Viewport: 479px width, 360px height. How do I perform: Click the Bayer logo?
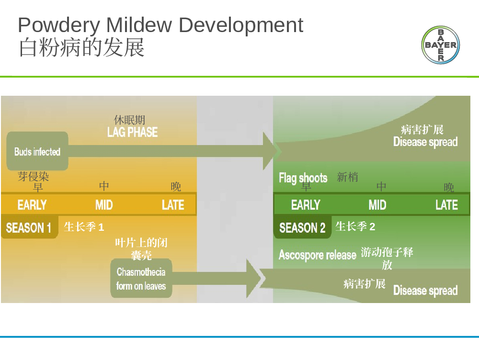pyautogui.click(x=441, y=45)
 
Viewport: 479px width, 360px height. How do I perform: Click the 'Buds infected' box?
pyautogui.click(x=37, y=151)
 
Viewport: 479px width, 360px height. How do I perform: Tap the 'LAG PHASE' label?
pyautogui.click(x=132, y=132)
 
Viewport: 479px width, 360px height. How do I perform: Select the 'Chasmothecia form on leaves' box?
pyautogui.click(x=141, y=278)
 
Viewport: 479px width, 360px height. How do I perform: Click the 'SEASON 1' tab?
pyautogui.click(x=29, y=227)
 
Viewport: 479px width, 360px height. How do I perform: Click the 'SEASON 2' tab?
pyautogui.click(x=302, y=227)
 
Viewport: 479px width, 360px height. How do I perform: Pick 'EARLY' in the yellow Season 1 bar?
pyautogui.click(x=32, y=204)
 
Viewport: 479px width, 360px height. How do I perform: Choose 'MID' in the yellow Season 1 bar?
pyautogui.click(x=104, y=204)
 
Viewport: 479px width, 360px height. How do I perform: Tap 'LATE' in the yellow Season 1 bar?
pyautogui.click(x=173, y=204)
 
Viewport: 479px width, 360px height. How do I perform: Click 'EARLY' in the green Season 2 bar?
pyautogui.click(x=306, y=204)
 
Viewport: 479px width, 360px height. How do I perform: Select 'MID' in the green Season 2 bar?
pyautogui.click(x=377, y=204)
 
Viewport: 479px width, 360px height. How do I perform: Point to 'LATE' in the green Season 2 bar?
pyautogui.click(x=446, y=204)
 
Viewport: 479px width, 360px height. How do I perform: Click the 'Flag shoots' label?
pyautogui.click(x=303, y=178)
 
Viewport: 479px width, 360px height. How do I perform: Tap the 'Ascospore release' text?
pyautogui.click(x=318, y=255)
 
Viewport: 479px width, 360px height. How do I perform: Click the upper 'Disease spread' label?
pyautogui.click(x=425, y=142)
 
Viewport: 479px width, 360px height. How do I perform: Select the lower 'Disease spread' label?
pyautogui.click(x=425, y=291)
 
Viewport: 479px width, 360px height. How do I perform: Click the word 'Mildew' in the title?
pyautogui.click(x=139, y=25)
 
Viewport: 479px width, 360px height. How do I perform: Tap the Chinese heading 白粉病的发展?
pyautogui.click(x=81, y=47)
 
